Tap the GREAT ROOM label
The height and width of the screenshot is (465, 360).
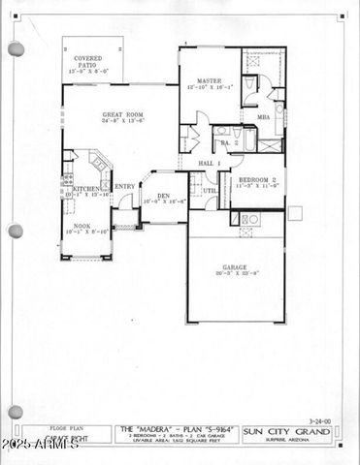(x=123, y=114)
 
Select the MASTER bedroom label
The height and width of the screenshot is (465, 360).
(x=211, y=81)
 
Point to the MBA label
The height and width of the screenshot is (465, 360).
(x=263, y=117)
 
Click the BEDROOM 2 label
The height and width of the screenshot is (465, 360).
(x=259, y=180)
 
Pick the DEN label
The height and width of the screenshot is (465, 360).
(x=164, y=197)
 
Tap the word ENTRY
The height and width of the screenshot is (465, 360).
(x=125, y=187)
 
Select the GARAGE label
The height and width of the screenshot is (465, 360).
(x=234, y=266)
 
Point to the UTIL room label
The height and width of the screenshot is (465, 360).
(x=209, y=191)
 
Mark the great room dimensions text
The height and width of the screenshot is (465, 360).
(x=123, y=122)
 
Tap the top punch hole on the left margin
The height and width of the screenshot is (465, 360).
(x=16, y=48)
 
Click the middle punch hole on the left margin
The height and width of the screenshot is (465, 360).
(x=16, y=231)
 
